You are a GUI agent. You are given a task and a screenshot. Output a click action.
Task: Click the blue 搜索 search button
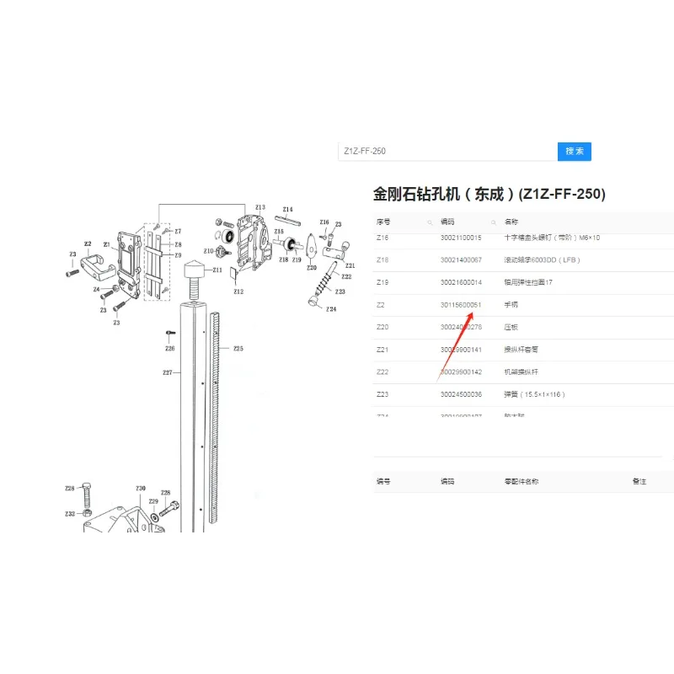pyautogui.click(x=575, y=152)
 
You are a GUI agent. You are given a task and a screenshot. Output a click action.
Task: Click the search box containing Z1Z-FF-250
pyautogui.click(x=447, y=152)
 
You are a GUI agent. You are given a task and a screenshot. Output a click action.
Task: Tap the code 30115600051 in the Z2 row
pyautogui.click(x=461, y=305)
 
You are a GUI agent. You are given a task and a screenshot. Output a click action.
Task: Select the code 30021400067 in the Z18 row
pyautogui.click(x=461, y=259)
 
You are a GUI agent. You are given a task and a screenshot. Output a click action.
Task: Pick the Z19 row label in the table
pyautogui.click(x=382, y=282)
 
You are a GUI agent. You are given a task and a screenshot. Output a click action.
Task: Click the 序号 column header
pyautogui.click(x=384, y=222)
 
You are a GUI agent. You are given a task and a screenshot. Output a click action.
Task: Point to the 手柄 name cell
pyautogui.click(x=511, y=305)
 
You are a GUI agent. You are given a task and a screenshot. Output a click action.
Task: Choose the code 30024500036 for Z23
pyautogui.click(x=461, y=394)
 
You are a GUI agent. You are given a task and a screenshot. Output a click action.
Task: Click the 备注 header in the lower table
pyautogui.click(x=639, y=482)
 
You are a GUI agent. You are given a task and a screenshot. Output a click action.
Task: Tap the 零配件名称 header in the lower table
pyautogui.click(x=522, y=482)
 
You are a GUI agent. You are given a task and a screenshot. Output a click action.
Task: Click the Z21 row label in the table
pyautogui.click(x=382, y=350)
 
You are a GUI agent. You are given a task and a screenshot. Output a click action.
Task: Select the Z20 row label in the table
pyautogui.click(x=382, y=327)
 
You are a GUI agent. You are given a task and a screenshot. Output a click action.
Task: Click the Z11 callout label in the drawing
pyautogui.click(x=217, y=270)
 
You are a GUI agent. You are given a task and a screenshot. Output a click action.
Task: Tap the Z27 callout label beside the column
pyautogui.click(x=167, y=372)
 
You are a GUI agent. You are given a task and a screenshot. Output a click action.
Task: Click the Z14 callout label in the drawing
pyautogui.click(x=287, y=209)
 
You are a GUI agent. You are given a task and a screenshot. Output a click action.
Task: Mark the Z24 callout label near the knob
pyautogui.click(x=331, y=309)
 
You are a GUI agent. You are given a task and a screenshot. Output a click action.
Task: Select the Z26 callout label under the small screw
pyautogui.click(x=170, y=348)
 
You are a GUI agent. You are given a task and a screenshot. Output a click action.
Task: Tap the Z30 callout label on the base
pyautogui.click(x=141, y=489)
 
